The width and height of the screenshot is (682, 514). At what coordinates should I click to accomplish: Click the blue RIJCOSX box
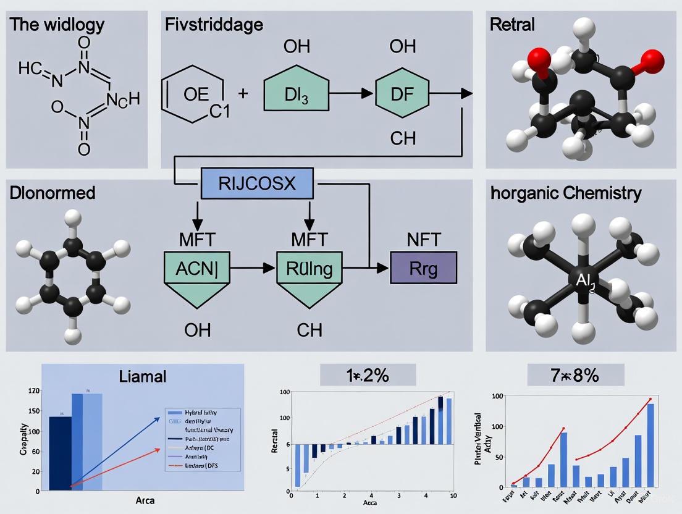click(x=257, y=184)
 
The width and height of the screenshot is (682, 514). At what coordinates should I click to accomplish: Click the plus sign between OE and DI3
click(x=243, y=93)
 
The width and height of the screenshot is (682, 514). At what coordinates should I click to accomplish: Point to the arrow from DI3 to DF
click(x=354, y=93)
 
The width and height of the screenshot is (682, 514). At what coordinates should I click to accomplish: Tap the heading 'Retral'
click(x=512, y=25)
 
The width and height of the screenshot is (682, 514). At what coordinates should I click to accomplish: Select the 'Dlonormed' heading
click(x=53, y=193)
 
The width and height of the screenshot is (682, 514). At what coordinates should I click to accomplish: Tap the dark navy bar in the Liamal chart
click(x=60, y=453)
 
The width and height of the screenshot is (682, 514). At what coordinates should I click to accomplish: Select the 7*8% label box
click(x=575, y=375)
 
